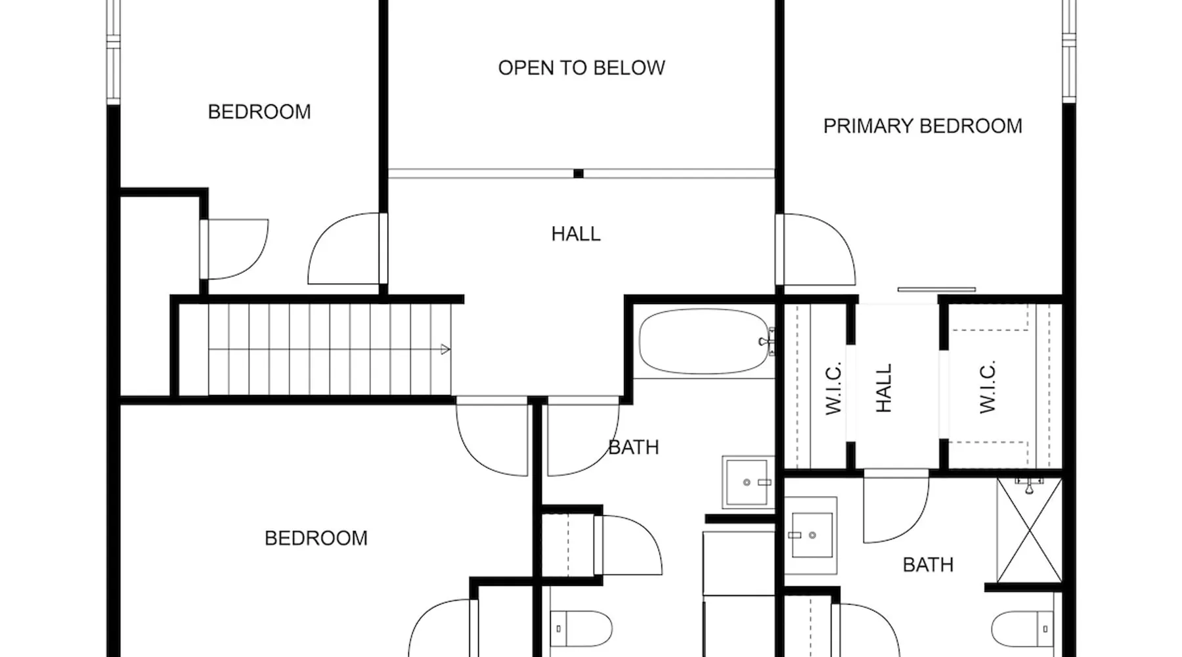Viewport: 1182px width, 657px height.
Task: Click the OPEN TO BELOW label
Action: [x=581, y=68]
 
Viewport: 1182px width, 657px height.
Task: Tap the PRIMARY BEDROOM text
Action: [x=923, y=126]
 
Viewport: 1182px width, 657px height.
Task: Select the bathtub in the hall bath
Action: [x=704, y=342]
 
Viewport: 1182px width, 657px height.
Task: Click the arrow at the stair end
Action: [x=445, y=350]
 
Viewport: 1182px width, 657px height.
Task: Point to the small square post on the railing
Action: [x=579, y=173]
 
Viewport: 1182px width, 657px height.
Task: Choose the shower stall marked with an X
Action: [x=1029, y=530]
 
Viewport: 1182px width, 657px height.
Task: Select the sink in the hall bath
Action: [x=749, y=482]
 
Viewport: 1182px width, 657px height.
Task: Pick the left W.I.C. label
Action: [x=833, y=388]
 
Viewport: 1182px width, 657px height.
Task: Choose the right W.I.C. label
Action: [x=988, y=387]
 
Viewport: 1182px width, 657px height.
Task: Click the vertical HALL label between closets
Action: [x=884, y=388]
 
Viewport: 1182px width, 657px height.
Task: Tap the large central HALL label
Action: [x=576, y=234]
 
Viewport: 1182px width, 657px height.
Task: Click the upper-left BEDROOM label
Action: [x=259, y=112]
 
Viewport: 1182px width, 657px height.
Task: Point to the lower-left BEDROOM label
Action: [x=316, y=538]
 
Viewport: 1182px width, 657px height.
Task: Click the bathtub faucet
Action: [x=766, y=342]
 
